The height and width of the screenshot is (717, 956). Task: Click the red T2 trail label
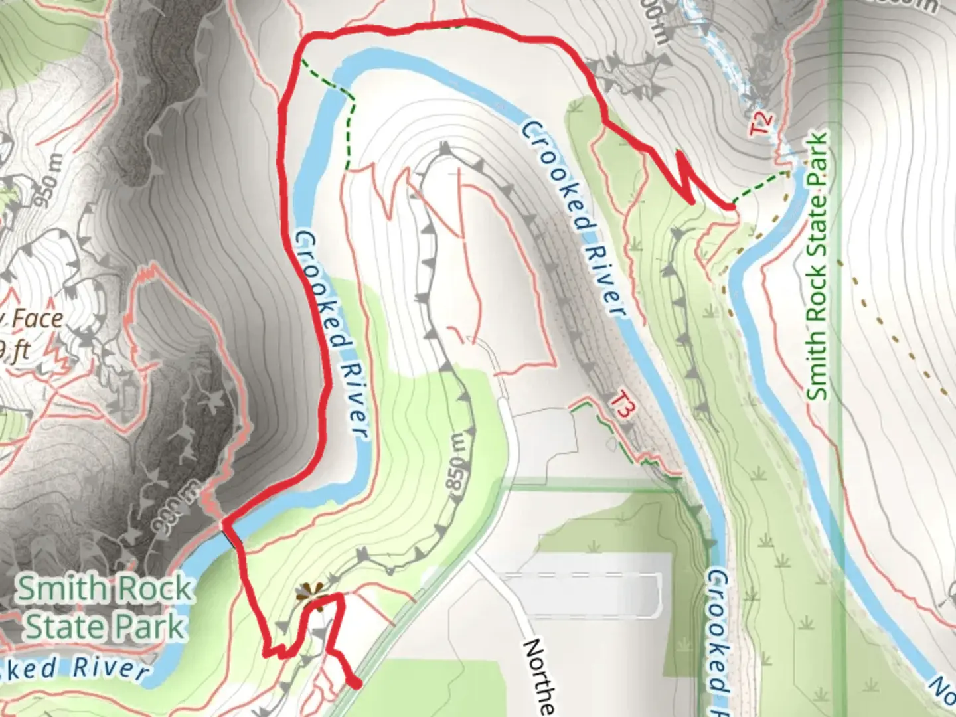coord(763,123)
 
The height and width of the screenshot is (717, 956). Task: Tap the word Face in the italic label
coord(38,319)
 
